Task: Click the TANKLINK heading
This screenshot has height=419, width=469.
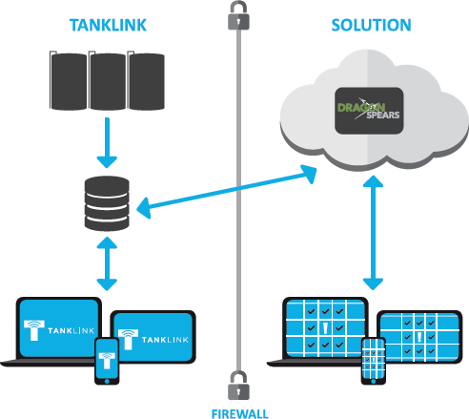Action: [x=108, y=25]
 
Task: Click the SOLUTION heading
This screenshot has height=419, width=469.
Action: [x=371, y=25]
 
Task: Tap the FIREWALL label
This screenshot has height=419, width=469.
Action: [x=240, y=414]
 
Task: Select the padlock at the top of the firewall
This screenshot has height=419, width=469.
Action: [x=238, y=15]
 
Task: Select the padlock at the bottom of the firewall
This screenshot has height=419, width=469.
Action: [x=238, y=385]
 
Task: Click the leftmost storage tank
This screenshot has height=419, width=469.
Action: [x=69, y=81]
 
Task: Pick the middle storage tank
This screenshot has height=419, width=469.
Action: [x=108, y=81]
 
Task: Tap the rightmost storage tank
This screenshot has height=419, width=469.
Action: [x=146, y=81]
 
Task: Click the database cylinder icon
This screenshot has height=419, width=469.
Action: [x=107, y=203]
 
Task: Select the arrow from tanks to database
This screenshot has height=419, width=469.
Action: [x=107, y=142]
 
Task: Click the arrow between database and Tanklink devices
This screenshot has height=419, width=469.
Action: [x=107, y=263]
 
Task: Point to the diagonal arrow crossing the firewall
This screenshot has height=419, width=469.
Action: [x=227, y=192]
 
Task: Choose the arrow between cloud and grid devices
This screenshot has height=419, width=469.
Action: [x=373, y=233]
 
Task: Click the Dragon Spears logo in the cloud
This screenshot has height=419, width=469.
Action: [x=369, y=111]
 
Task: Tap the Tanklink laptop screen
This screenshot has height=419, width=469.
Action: [x=59, y=327]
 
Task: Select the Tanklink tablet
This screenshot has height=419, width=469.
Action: [x=153, y=337]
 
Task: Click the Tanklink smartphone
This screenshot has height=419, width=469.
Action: [x=107, y=361]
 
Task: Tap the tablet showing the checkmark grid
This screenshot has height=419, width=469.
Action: [x=419, y=337]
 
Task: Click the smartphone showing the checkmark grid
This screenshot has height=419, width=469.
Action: [x=374, y=361]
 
